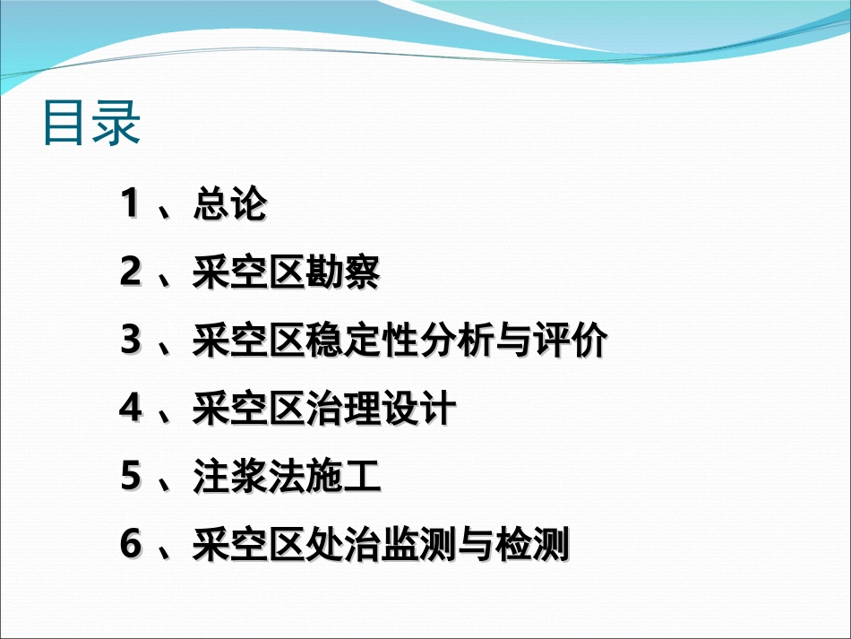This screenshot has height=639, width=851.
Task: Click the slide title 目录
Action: pyautogui.click(x=91, y=124)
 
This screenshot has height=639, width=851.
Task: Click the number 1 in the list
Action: pyautogui.click(x=131, y=205)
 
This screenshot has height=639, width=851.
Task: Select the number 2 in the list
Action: pyautogui.click(x=131, y=273)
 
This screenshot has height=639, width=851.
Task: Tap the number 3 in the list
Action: pyautogui.click(x=131, y=341)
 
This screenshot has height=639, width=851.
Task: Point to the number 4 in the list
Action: pyautogui.click(x=131, y=410)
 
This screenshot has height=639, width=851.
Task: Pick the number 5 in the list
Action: pyautogui.click(x=131, y=478)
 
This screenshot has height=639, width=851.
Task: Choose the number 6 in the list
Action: pyautogui.click(x=131, y=546)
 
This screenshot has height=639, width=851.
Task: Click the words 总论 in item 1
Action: pyautogui.click(x=230, y=205)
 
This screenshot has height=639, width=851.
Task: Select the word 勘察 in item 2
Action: pyautogui.click(x=342, y=273)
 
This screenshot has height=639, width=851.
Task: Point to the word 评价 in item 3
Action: pyautogui.click(x=571, y=341)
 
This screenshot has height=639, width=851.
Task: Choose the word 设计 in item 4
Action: pyautogui.click(x=418, y=410)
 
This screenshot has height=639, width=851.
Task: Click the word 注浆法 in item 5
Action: pyautogui.click(x=249, y=478)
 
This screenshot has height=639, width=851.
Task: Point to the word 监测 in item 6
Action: pyautogui.click(x=418, y=546)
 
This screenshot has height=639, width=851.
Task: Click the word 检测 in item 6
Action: pyautogui.click(x=532, y=546)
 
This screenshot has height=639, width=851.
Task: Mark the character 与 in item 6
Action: pyautogui.click(x=476, y=546)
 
